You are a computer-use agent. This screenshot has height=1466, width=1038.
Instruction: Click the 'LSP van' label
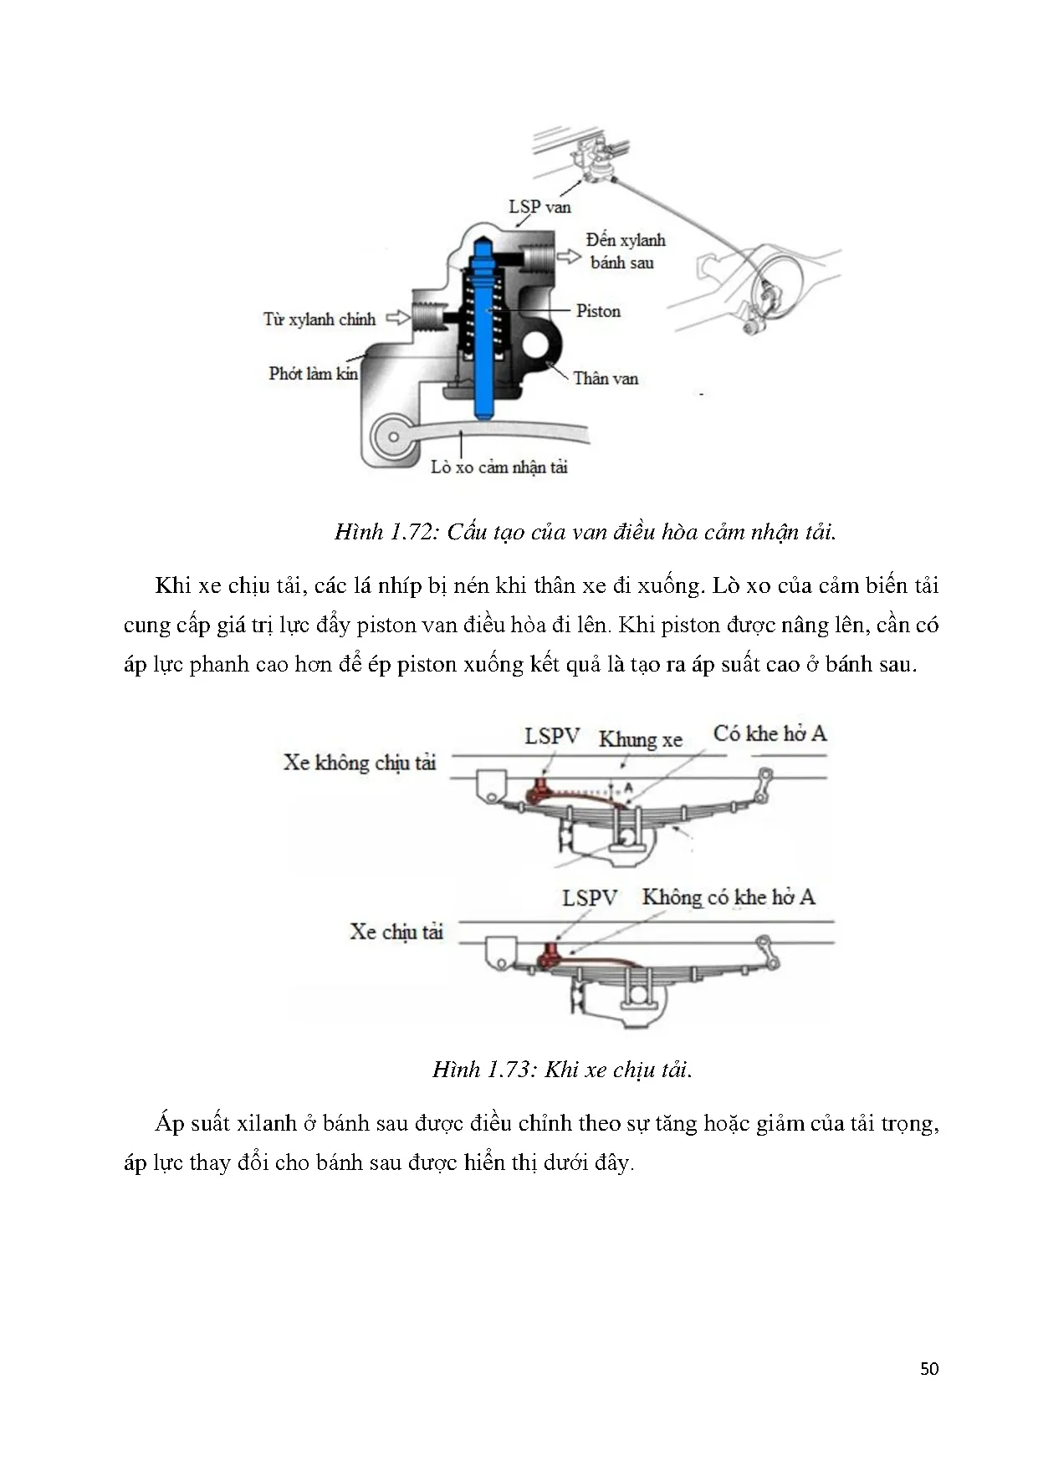click(539, 207)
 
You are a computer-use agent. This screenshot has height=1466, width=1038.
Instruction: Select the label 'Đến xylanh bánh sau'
click(625, 251)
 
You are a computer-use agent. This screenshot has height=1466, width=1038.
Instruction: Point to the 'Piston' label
click(598, 311)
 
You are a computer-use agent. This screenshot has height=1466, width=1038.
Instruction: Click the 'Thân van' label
click(605, 379)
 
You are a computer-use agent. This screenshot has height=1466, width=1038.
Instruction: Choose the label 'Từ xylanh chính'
click(319, 319)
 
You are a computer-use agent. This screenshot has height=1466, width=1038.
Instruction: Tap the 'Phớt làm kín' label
click(313, 374)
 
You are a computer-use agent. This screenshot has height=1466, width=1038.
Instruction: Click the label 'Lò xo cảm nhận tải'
click(499, 467)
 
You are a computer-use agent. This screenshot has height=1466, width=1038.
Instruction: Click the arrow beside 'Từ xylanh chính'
click(397, 319)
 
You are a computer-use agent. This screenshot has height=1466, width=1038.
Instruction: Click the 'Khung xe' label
click(640, 739)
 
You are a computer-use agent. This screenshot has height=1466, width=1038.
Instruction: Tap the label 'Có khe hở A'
click(769, 733)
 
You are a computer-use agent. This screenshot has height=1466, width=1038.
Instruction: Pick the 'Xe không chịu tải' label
click(360, 762)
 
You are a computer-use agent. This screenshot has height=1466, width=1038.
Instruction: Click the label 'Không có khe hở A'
click(728, 897)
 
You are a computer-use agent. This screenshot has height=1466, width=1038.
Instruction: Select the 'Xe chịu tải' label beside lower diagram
click(396, 932)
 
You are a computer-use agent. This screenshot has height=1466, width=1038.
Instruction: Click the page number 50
click(928, 1368)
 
